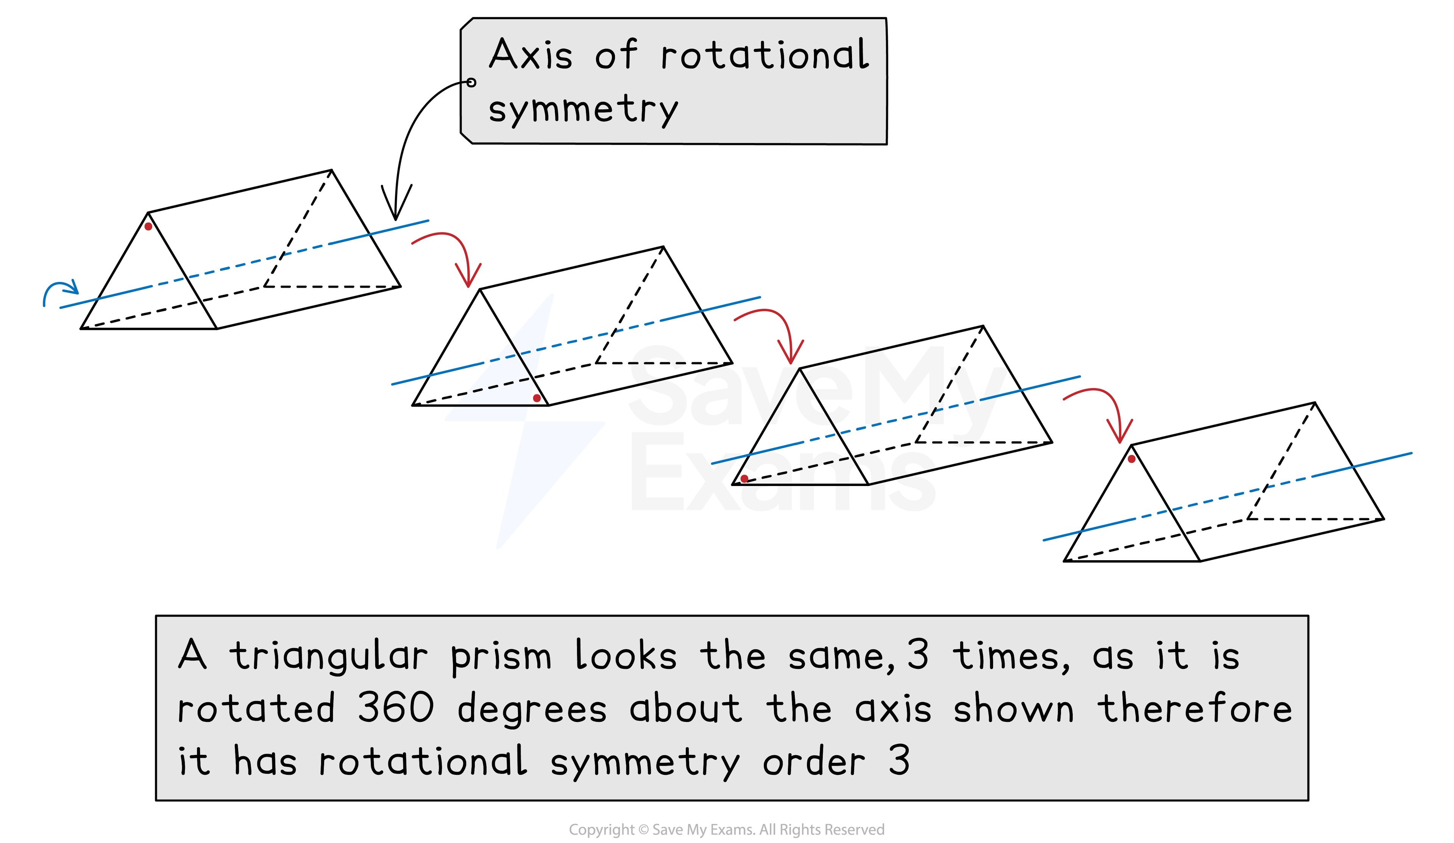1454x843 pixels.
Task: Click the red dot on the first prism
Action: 148,227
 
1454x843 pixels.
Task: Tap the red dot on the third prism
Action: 745,479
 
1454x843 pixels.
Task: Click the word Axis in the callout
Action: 531,55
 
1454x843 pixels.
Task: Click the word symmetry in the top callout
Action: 583,110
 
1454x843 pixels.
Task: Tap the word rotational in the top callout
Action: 764,55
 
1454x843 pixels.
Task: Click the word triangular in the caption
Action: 329,656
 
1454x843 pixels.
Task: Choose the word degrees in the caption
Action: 532,709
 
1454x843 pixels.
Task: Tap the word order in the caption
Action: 814,761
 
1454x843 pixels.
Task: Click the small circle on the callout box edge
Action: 471,83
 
